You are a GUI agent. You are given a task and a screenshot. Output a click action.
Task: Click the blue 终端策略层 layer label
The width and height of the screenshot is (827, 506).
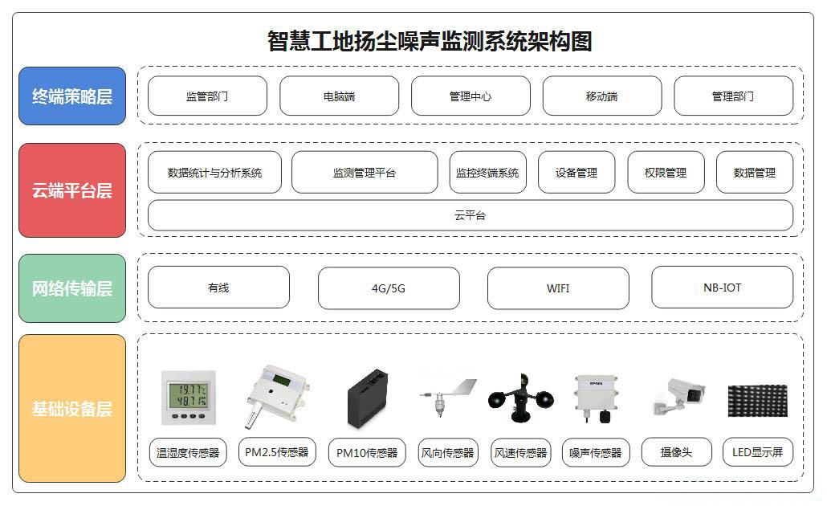coord(72,96)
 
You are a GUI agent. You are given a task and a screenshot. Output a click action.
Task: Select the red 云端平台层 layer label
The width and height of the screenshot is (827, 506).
coord(72,190)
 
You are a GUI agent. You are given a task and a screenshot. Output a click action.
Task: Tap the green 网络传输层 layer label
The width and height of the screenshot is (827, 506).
coord(72,288)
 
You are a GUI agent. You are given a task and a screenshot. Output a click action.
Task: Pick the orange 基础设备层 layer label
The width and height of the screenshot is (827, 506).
coord(72,408)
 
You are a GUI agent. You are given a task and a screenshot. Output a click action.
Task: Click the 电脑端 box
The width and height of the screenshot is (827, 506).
coord(339,96)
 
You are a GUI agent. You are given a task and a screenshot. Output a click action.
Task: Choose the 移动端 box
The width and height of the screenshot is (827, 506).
coord(602,96)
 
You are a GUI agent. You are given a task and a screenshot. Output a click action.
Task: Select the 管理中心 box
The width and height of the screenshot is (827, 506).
coord(471,96)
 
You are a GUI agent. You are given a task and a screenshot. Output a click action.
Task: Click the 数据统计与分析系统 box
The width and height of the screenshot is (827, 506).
coord(214,173)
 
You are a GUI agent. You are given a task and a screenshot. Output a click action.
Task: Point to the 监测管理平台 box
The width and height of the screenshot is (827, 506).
coord(365,173)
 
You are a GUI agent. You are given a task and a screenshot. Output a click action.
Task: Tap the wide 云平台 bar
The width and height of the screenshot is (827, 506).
coord(471,215)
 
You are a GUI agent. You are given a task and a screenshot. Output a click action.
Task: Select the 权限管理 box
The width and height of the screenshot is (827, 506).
coord(666,173)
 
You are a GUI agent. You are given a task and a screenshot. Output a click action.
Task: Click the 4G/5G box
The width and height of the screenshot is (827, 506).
coord(389,288)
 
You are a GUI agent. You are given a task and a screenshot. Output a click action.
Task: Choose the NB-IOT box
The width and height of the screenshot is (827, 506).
coord(722,288)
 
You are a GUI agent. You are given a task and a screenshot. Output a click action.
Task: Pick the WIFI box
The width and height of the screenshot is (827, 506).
coord(558,288)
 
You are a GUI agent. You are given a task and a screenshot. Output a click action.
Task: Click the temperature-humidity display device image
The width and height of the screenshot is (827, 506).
coord(189,398)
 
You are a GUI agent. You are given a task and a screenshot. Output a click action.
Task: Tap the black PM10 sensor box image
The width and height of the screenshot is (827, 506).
coord(368,399)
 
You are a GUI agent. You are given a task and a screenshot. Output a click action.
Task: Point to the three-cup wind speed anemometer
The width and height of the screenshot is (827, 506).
coord(521,398)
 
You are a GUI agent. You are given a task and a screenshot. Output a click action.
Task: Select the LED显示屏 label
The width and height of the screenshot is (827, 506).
coord(757,452)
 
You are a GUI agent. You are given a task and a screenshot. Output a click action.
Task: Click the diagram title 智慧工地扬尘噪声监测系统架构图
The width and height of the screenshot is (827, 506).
coord(430,41)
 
